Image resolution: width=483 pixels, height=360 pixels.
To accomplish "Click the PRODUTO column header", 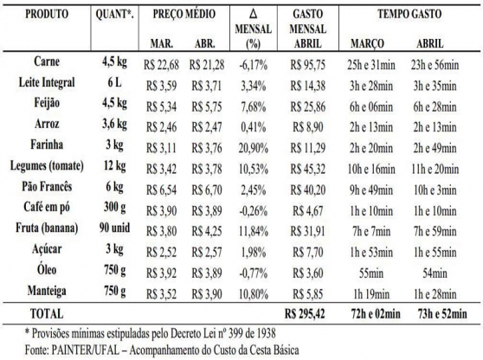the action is [x=47, y=14].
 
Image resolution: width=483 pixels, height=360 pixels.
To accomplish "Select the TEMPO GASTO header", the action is [x=409, y=14].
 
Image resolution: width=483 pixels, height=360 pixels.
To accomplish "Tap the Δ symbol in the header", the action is [x=254, y=14].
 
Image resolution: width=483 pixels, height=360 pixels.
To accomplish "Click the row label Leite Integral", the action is [x=47, y=82].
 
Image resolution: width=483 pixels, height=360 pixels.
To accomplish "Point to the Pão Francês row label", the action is [x=47, y=187].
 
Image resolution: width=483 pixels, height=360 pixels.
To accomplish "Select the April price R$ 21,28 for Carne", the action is [x=207, y=65].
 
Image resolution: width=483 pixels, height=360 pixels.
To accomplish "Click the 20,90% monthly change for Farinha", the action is [x=254, y=149].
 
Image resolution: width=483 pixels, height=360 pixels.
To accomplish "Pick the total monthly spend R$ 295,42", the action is [x=305, y=314].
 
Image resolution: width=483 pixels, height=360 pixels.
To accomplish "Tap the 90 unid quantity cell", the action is [x=114, y=228].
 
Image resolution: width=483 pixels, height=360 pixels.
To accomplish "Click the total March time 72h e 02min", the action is [x=376, y=314].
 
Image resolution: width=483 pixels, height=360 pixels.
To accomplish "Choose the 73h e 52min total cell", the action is [x=442, y=314].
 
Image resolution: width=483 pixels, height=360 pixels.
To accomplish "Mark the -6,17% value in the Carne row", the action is [x=254, y=65].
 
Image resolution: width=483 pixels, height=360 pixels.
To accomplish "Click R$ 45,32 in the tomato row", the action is [x=308, y=169].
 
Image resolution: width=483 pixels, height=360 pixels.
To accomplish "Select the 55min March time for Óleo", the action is [x=371, y=273].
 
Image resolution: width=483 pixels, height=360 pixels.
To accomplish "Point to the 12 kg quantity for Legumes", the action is [x=114, y=166].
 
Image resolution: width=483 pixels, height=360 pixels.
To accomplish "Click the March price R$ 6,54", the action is [x=161, y=190].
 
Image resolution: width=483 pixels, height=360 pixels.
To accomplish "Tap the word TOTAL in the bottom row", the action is [x=47, y=314].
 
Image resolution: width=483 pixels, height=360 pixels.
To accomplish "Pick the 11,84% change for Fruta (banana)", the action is [x=254, y=232].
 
